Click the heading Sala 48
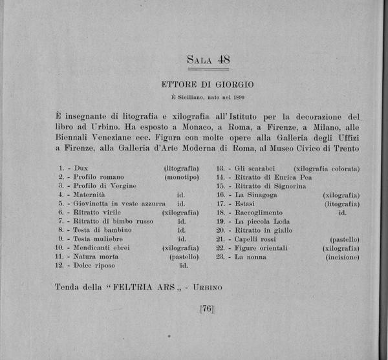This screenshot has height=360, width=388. point(208,60)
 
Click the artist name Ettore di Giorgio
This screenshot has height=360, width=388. point(208,84)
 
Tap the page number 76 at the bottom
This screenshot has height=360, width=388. point(207,309)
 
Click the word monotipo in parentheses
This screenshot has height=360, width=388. point(181,176)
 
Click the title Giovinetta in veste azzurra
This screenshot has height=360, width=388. point(116,203)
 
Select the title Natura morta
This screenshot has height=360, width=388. point(96,256)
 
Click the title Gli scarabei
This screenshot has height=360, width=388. point(257,168)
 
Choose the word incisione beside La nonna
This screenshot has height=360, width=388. point(342,257)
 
